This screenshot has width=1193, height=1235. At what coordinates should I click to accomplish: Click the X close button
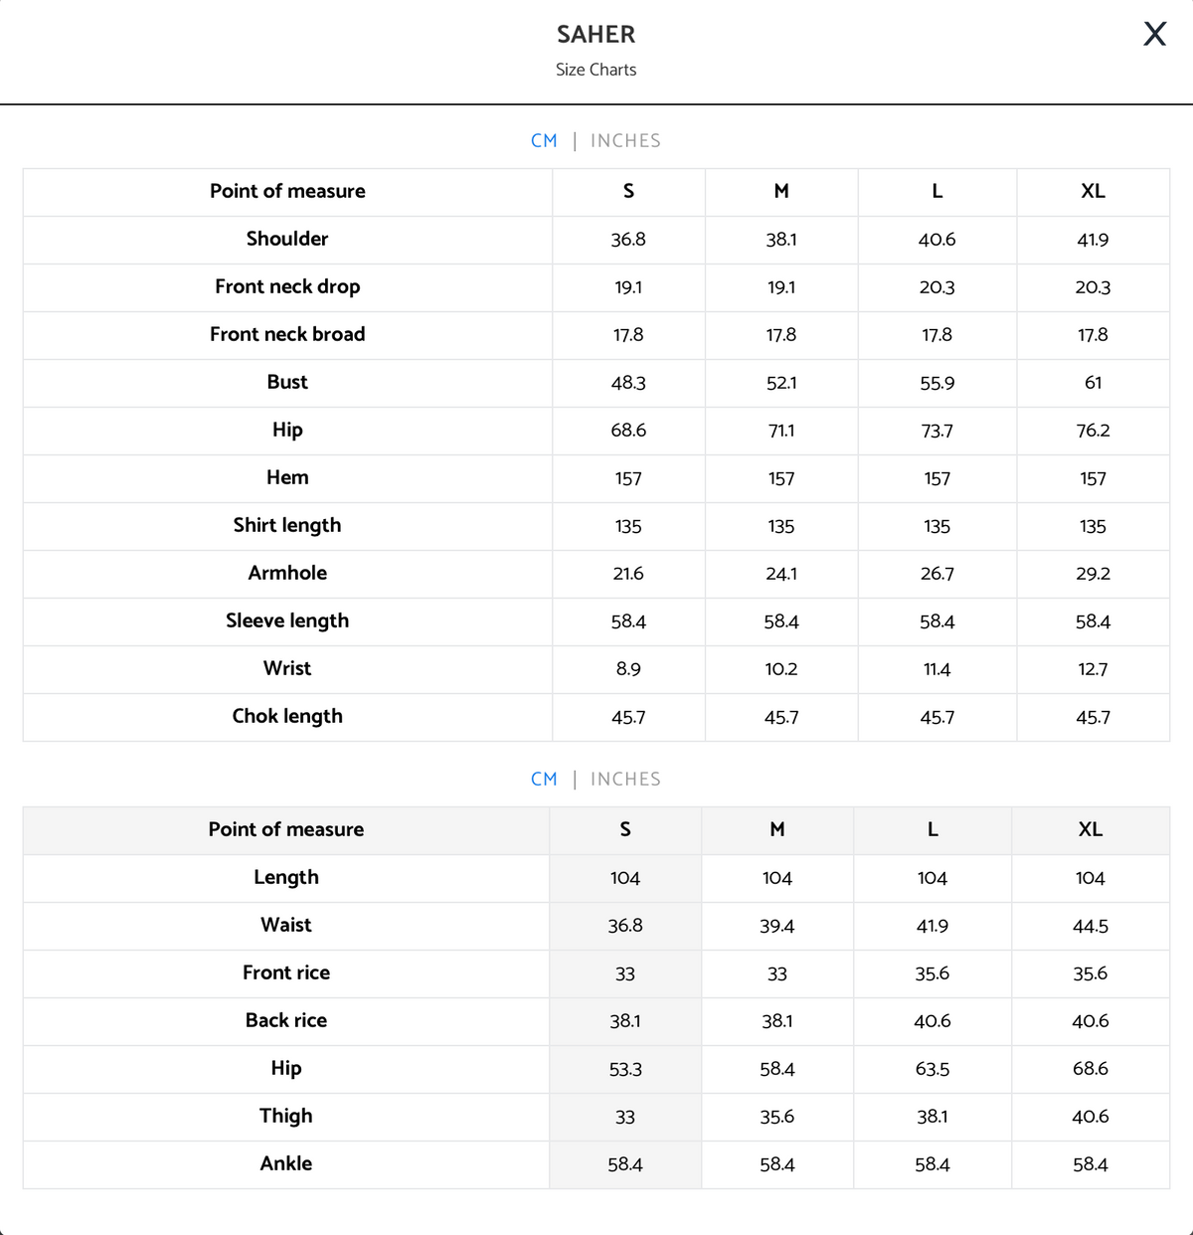click(x=1154, y=34)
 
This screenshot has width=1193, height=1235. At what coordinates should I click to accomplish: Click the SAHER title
click(x=596, y=35)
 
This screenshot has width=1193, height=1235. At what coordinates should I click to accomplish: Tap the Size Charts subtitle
click(x=596, y=70)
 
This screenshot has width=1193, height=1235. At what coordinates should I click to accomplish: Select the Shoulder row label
click(x=287, y=239)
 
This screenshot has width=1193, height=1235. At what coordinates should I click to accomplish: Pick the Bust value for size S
click(x=628, y=383)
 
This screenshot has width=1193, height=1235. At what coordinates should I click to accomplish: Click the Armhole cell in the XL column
click(x=1093, y=574)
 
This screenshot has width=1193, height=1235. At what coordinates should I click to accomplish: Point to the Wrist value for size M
click(x=781, y=669)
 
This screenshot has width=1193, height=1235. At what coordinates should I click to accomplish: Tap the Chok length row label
click(x=287, y=717)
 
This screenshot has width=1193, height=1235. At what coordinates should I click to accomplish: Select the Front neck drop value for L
click(x=937, y=287)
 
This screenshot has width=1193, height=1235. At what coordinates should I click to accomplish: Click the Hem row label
click(x=287, y=478)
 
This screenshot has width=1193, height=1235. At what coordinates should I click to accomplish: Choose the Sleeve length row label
click(x=287, y=621)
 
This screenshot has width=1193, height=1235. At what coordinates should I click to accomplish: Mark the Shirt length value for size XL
click(x=1093, y=526)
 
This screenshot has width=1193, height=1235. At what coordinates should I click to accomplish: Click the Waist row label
click(x=286, y=926)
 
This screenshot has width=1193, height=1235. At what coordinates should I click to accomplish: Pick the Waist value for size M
click(x=776, y=926)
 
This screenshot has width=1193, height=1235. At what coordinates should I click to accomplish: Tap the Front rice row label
click(x=286, y=973)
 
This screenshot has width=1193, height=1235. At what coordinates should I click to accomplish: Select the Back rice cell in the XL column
click(x=1090, y=1021)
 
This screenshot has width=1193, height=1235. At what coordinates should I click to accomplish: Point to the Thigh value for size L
click(x=932, y=1117)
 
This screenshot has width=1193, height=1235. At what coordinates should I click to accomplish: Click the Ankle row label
click(x=286, y=1164)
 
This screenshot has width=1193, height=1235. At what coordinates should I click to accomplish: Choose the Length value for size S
click(x=624, y=878)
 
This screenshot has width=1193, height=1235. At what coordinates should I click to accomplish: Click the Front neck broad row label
click(x=287, y=335)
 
